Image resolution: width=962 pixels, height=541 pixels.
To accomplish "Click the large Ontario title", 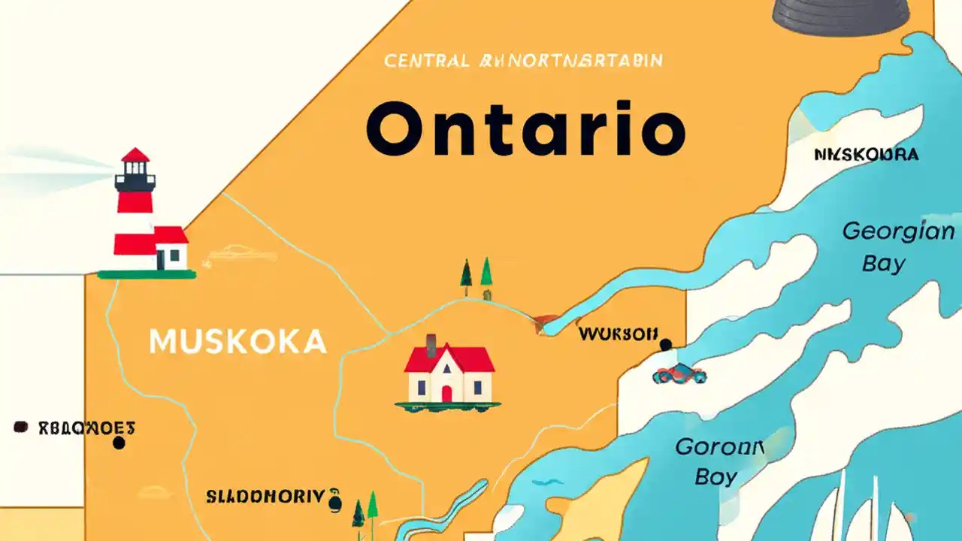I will [x=526, y=129].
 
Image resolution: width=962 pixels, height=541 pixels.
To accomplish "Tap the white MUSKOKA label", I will [x=237, y=342].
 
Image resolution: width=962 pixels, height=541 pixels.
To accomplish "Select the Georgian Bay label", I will [x=897, y=246].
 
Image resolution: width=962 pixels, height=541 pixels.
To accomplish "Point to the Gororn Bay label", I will [x=719, y=461].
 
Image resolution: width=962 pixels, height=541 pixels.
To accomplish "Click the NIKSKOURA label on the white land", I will [x=866, y=155].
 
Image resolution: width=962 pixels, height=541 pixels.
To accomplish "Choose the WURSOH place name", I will [x=618, y=333].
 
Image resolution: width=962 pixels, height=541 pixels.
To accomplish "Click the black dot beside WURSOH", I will [x=665, y=345].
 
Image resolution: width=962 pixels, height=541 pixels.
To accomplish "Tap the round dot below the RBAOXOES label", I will [x=118, y=443].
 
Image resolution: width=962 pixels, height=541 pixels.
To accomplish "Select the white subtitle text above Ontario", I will [x=524, y=61].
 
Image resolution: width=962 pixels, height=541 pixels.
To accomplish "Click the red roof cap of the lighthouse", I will [x=135, y=156].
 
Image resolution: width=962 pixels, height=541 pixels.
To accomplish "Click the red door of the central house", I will [x=446, y=393].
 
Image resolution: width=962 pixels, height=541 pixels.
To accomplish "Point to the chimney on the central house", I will [x=431, y=345].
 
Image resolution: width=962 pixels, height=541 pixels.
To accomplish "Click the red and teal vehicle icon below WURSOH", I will [x=679, y=373].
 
